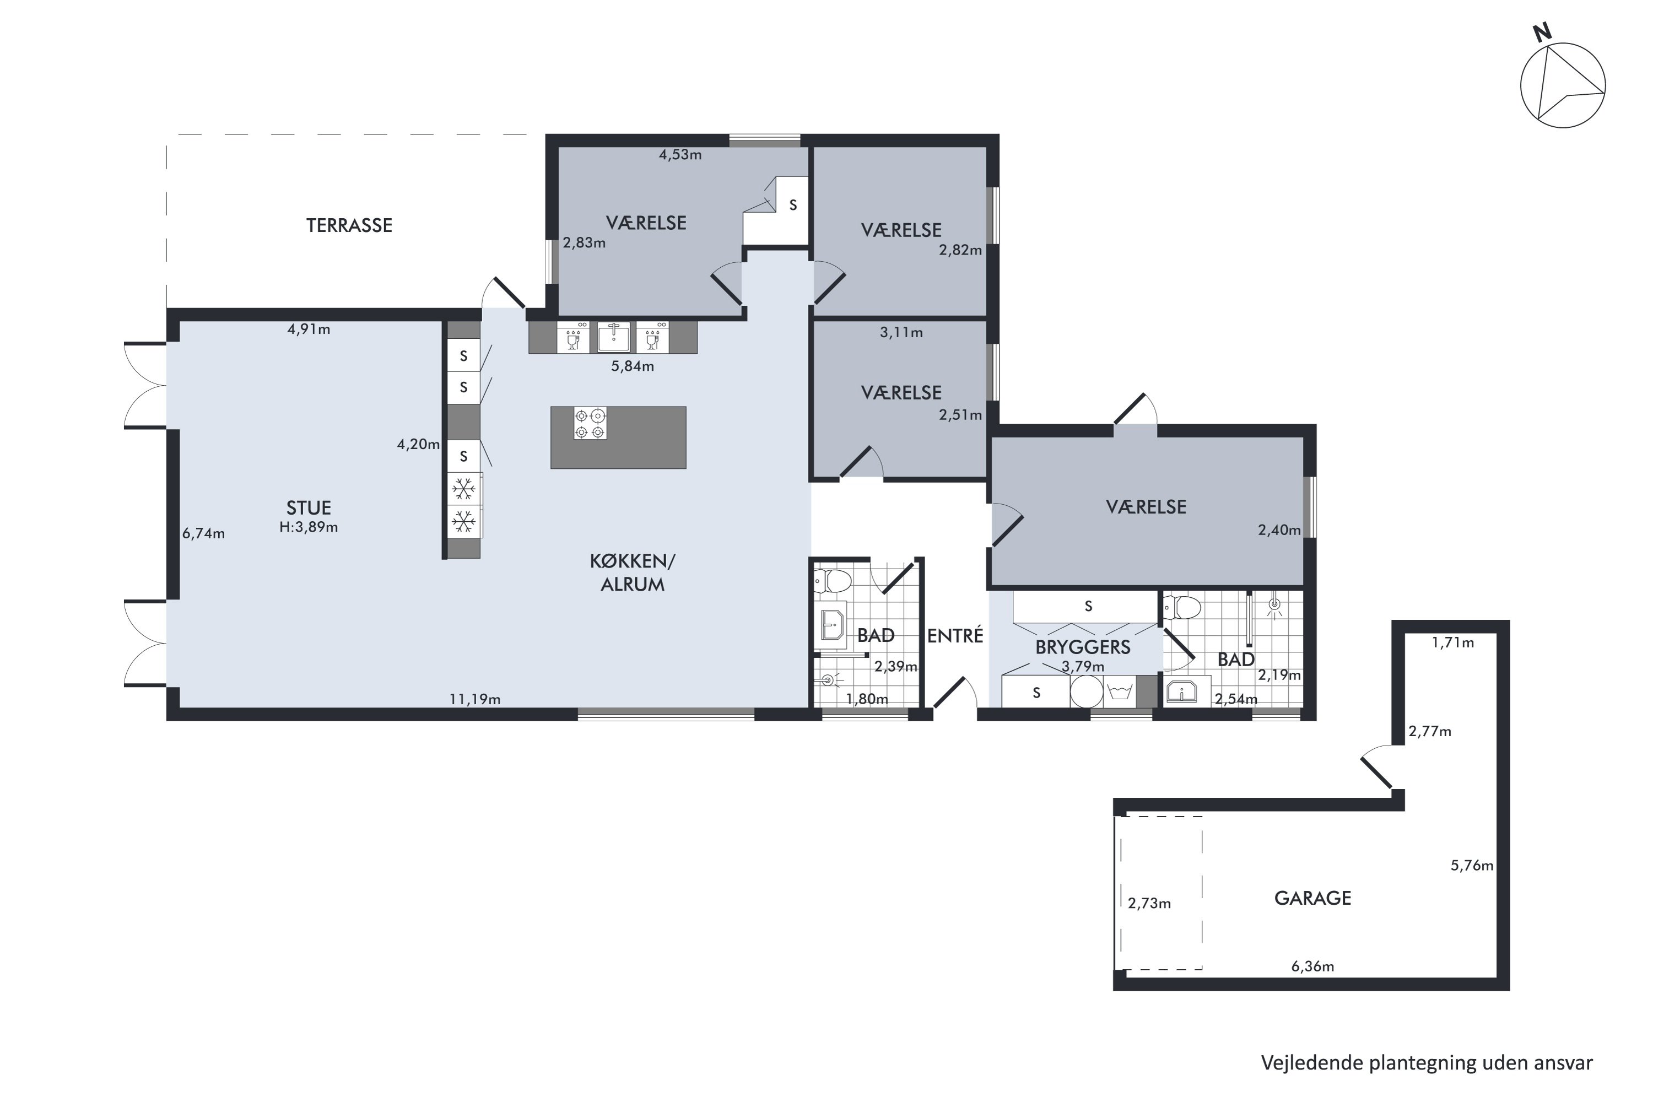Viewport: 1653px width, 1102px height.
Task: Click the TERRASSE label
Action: coord(349,225)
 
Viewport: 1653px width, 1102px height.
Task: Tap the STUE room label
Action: coord(309,508)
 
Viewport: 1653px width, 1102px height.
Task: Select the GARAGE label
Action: coord(1312,898)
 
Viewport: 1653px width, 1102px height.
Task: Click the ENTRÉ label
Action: coord(954,635)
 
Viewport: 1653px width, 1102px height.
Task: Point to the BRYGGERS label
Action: coord(1082,647)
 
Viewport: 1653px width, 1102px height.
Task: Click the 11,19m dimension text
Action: coord(475,699)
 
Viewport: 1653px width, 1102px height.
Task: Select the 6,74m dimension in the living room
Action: coord(203,533)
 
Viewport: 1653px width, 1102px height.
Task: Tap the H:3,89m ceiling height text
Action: coord(309,527)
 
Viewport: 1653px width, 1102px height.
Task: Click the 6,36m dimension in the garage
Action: coord(1312,966)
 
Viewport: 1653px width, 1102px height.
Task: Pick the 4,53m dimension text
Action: coord(679,155)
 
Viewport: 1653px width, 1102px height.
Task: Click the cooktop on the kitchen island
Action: coord(590,424)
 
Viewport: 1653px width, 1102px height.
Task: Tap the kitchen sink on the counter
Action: coord(614,337)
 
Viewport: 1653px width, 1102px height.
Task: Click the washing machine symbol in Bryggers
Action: coord(1120,692)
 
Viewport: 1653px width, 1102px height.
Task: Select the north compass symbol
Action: coord(1563,86)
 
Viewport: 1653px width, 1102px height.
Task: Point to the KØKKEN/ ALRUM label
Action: coord(632,573)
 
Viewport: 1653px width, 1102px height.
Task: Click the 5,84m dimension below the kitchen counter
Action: coord(632,366)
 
